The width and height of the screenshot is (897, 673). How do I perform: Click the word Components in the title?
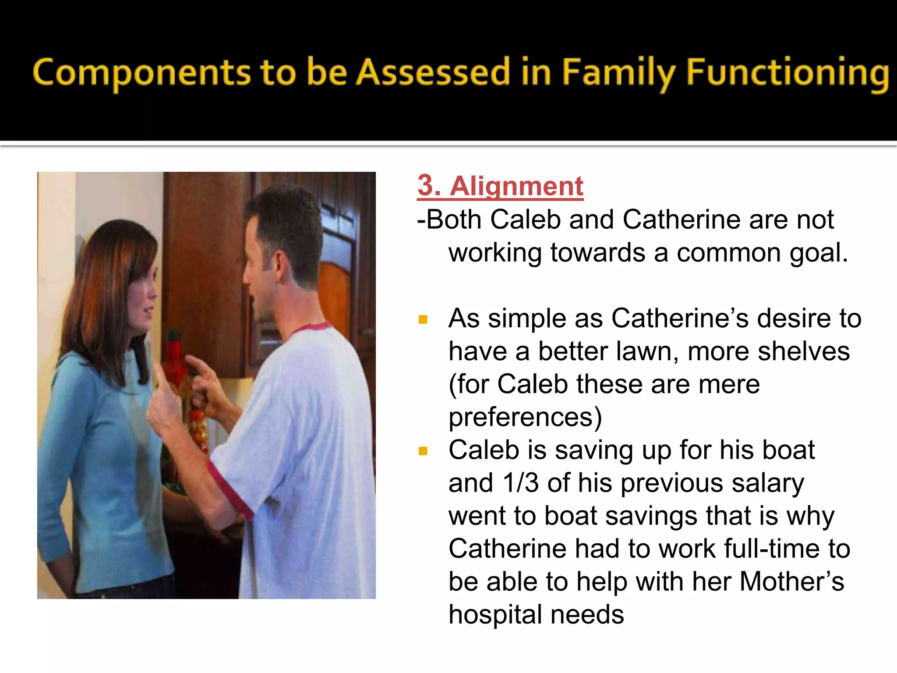coord(141,73)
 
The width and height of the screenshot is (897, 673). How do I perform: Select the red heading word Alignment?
coord(517,186)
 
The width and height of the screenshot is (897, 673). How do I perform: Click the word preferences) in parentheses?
coord(525,417)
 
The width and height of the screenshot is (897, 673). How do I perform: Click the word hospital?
coord(495,614)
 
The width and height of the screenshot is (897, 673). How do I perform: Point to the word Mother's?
coord(791,581)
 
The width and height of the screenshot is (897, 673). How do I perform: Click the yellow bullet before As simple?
coord(423,319)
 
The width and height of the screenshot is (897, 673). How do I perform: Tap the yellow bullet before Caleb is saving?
coord(423,451)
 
